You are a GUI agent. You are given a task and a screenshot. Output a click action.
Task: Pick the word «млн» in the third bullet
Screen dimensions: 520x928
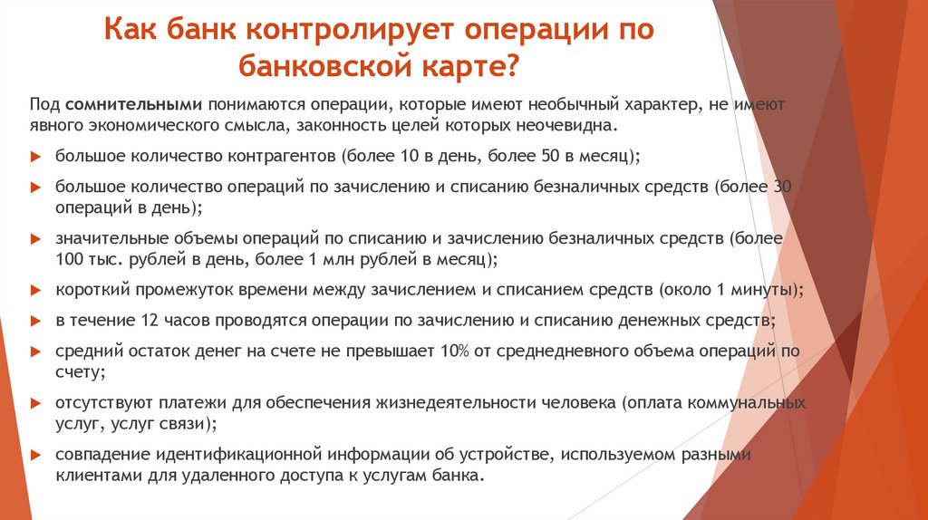coord(345,259)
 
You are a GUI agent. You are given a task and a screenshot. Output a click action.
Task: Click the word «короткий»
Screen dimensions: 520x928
coord(88,291)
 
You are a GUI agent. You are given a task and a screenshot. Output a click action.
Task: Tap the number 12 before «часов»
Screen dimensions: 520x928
coord(151,321)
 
